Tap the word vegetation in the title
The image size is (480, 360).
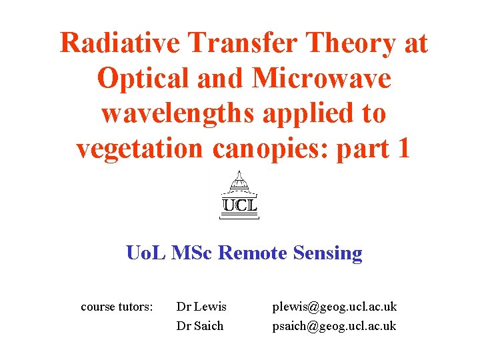pos(139,149)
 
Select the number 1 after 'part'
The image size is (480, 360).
pos(401,149)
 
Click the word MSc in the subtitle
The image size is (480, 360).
pos(193,253)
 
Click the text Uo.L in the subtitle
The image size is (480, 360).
pos(146,253)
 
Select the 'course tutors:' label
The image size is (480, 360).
pos(117,307)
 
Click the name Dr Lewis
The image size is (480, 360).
pos(201,307)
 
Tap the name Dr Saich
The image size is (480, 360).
pos(199,326)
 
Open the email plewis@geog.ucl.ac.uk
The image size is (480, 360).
pos(334,307)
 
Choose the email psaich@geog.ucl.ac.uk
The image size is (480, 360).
pos(334,326)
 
